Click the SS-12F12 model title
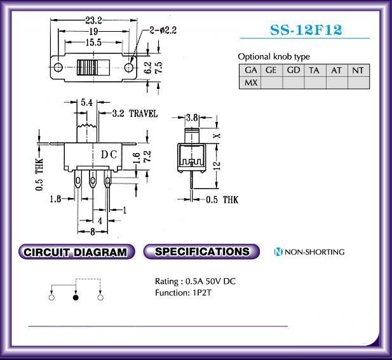pos(306,30)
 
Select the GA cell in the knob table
pos(250,70)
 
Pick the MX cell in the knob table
pos(250,83)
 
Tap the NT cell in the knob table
pos(358,70)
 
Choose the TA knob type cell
pos(315,70)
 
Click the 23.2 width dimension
pos(94,20)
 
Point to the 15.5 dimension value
pos(93,43)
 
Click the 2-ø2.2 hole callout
pos(163,30)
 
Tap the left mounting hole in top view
pos(58,67)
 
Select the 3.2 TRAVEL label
pos(135,114)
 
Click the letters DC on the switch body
pos(109,155)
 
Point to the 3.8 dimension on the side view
pos(192,117)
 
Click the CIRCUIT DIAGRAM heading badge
pos(76,251)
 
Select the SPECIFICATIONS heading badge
pos(201,251)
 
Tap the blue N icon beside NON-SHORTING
pos(278,251)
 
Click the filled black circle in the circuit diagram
pos(76,298)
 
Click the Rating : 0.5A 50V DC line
pos(195,281)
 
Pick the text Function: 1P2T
pos(183,293)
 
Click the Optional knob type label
pos(274,57)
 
